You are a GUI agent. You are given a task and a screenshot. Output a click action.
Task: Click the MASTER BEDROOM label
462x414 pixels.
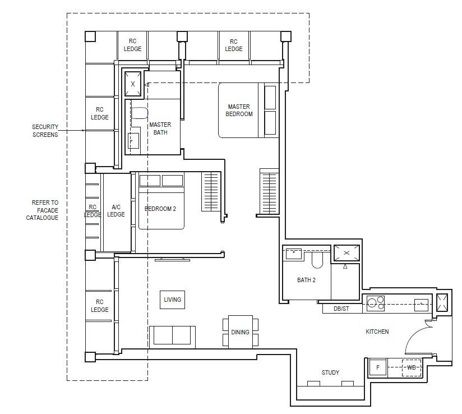[239, 111]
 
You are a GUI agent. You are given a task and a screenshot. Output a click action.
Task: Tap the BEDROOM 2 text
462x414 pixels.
[160, 209]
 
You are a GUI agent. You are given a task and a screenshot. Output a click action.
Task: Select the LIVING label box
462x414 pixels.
[172, 300]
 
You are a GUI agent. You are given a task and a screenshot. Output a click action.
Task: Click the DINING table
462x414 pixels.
[241, 332]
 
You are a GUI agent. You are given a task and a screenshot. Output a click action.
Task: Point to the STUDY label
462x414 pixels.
[330, 372]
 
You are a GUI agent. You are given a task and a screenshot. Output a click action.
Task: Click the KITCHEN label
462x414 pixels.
[377, 332]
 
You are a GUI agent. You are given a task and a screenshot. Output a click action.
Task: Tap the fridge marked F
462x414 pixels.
[378, 367]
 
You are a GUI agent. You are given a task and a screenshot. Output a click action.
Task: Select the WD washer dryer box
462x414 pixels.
[412, 367]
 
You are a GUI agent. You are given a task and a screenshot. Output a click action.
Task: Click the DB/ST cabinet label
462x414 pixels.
[341, 309]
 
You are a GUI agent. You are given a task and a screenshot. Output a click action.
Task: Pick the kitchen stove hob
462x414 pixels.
[376, 303]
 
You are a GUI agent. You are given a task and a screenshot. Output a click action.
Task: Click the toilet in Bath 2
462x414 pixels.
[317, 260]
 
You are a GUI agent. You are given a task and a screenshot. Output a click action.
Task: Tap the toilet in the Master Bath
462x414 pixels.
[139, 113]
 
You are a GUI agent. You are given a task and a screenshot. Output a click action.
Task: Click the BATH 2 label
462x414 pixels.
[306, 280]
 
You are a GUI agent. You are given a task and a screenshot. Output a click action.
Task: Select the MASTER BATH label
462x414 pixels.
[160, 128]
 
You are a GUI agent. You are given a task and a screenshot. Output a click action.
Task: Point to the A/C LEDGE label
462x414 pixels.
[116, 210]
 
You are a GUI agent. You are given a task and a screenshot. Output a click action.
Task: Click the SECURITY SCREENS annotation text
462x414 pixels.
[45, 131]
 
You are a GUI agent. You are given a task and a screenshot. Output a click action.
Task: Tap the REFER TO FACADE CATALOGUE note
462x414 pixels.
[43, 210]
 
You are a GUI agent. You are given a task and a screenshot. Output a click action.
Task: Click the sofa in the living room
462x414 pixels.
[172, 337]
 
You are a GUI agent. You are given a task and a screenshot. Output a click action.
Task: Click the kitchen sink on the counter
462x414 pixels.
[422, 305]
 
